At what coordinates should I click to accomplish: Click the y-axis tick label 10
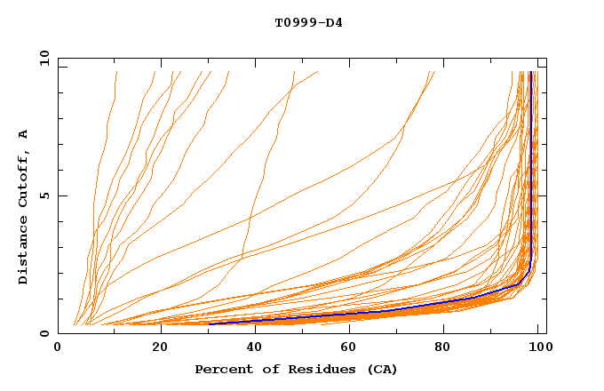(x=44, y=57)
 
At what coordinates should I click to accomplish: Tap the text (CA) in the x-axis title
(x=382, y=369)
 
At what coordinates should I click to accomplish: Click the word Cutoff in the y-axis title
(x=24, y=178)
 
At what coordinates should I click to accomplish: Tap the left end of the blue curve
(x=211, y=323)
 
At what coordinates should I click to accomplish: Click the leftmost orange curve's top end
(x=115, y=72)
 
